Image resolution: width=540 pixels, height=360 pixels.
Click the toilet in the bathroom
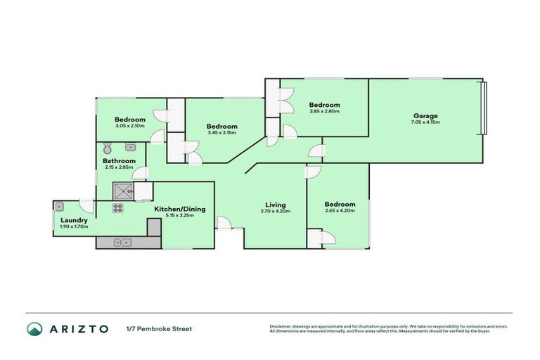[107, 148]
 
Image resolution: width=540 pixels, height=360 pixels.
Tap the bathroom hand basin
[131, 148]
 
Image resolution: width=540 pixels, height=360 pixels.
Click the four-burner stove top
[117, 207]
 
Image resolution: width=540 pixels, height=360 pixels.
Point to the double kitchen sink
[123, 243]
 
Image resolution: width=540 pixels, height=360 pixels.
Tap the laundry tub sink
[60, 207]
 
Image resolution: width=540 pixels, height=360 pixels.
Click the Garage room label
[425, 115]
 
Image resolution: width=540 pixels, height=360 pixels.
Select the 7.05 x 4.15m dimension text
[425, 122]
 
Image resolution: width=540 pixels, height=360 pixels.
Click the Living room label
[274, 205]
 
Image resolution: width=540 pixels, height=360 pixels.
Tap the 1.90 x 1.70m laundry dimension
[74, 227]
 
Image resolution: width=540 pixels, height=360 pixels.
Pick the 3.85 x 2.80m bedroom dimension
[324, 111]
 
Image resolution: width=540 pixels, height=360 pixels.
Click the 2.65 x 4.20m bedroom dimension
[340, 210]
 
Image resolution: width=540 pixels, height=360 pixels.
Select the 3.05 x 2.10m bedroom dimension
[130, 126]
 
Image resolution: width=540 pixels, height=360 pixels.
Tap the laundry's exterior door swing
[86, 206]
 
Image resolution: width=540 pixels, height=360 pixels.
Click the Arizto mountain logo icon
[34, 329]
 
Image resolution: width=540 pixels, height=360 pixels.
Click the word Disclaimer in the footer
[281, 326]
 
